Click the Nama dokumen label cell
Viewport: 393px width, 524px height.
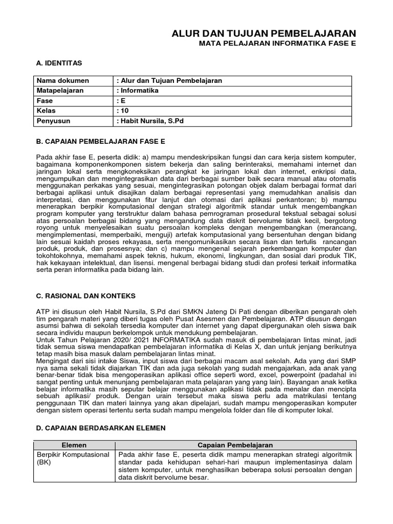click(x=62, y=81)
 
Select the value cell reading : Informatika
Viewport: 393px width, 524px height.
click(x=138, y=91)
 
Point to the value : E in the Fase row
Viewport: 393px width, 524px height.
click(x=121, y=101)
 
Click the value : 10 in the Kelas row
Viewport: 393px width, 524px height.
click(x=123, y=111)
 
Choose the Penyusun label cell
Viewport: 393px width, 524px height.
click(x=53, y=121)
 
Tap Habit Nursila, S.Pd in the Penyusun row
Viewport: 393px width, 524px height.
click(x=152, y=121)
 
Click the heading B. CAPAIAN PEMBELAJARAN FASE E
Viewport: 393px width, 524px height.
click(x=100, y=141)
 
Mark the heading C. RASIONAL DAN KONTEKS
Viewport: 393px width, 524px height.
click(x=85, y=296)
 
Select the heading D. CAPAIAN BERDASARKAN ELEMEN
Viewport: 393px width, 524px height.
click(x=100, y=428)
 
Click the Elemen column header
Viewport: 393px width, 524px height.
click(x=74, y=445)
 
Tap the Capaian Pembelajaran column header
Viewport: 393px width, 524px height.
click(x=235, y=445)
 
